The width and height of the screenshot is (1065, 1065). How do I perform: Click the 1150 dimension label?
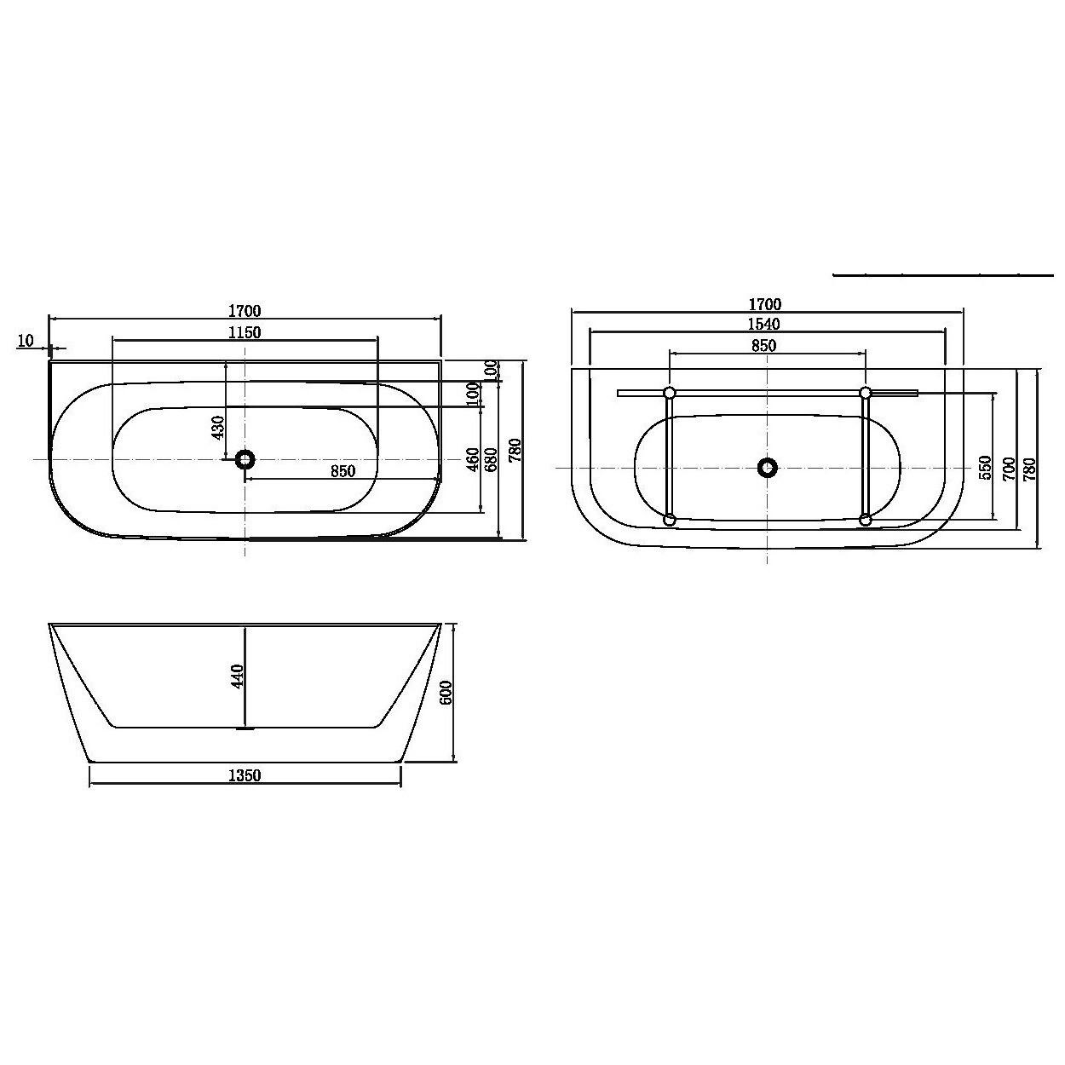[x=245, y=332]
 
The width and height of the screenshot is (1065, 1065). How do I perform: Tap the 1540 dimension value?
[x=763, y=324]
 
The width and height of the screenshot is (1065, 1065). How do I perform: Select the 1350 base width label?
[x=245, y=776]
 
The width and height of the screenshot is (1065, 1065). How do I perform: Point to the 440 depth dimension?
[x=237, y=676]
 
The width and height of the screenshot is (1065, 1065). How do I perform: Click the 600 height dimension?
[x=446, y=693]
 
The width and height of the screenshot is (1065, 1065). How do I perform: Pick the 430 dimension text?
[x=218, y=428]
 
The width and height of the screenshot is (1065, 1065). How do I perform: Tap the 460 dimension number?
[x=473, y=459]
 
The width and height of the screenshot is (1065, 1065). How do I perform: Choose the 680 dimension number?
[x=492, y=459]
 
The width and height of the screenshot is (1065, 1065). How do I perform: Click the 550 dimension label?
[x=986, y=468]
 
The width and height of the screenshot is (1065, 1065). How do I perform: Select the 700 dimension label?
[x=1009, y=469]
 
